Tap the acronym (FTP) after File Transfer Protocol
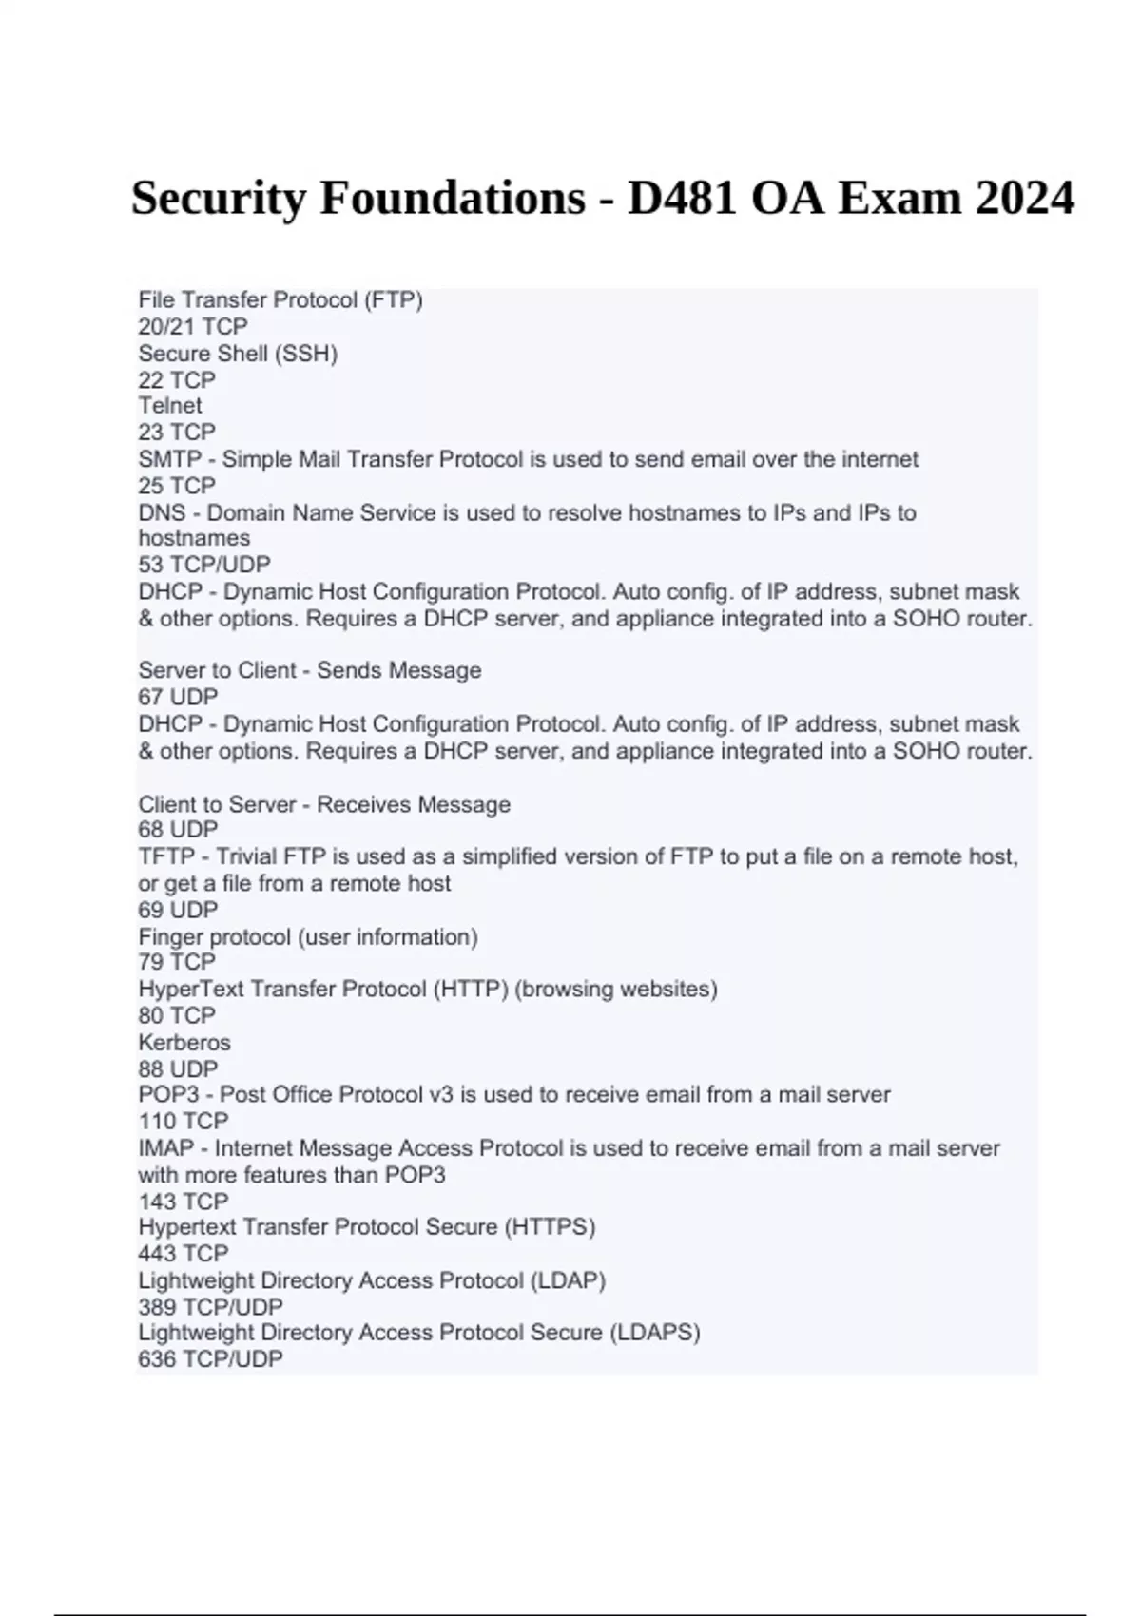pos(393,299)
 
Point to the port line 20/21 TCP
pos(193,326)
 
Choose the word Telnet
pos(170,405)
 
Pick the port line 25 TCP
pos(177,486)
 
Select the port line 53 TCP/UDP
pos(204,565)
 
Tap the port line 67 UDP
pos(178,697)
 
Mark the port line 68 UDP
pos(178,830)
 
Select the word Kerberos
pos(184,1042)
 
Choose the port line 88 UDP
pos(178,1068)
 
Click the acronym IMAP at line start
pos(165,1148)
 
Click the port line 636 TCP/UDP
pos(211,1359)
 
